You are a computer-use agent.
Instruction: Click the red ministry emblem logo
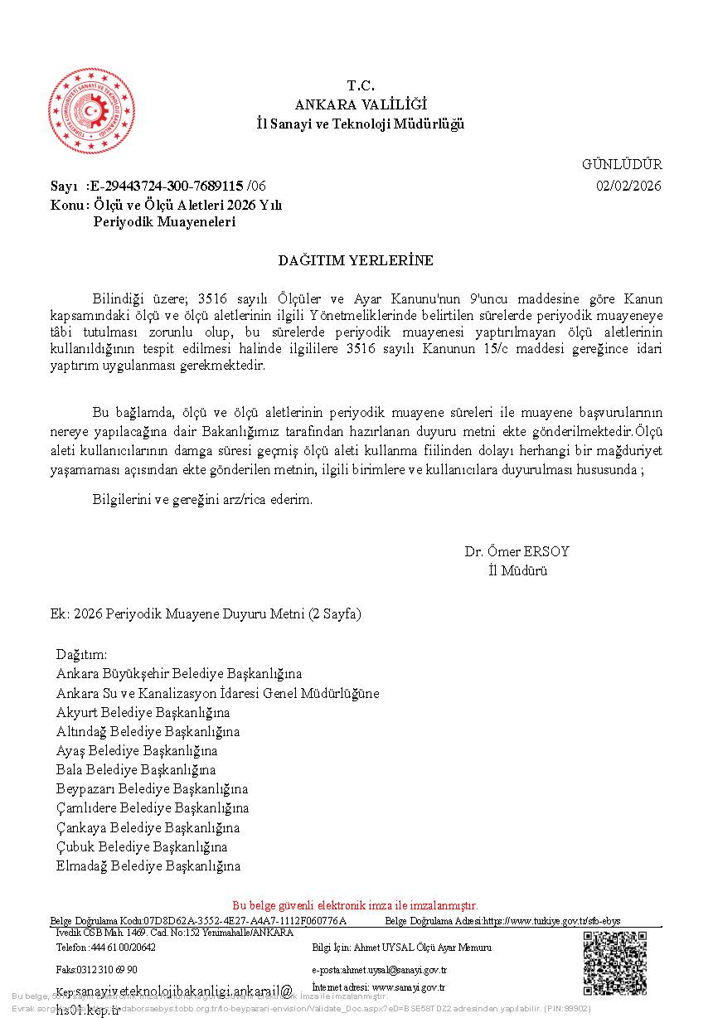pos(92,112)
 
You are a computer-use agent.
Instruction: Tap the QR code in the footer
pos(614,962)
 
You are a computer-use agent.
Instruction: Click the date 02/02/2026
pos(628,186)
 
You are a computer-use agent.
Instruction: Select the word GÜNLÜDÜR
pos(622,164)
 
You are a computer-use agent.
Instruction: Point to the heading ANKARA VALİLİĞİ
pos(361,104)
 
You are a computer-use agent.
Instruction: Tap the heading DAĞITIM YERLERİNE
pos(356,260)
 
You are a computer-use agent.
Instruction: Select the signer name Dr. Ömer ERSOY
pos(517,552)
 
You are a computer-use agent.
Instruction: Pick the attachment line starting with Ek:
pos(206,614)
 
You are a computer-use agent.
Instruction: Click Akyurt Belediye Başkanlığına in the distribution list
pos(143,712)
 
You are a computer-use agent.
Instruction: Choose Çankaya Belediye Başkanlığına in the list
pos(148,827)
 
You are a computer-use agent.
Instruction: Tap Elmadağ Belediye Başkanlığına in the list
pos(148,866)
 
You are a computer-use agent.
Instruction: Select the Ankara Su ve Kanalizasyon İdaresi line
pos(217,693)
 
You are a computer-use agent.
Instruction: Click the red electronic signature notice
pos(355,905)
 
